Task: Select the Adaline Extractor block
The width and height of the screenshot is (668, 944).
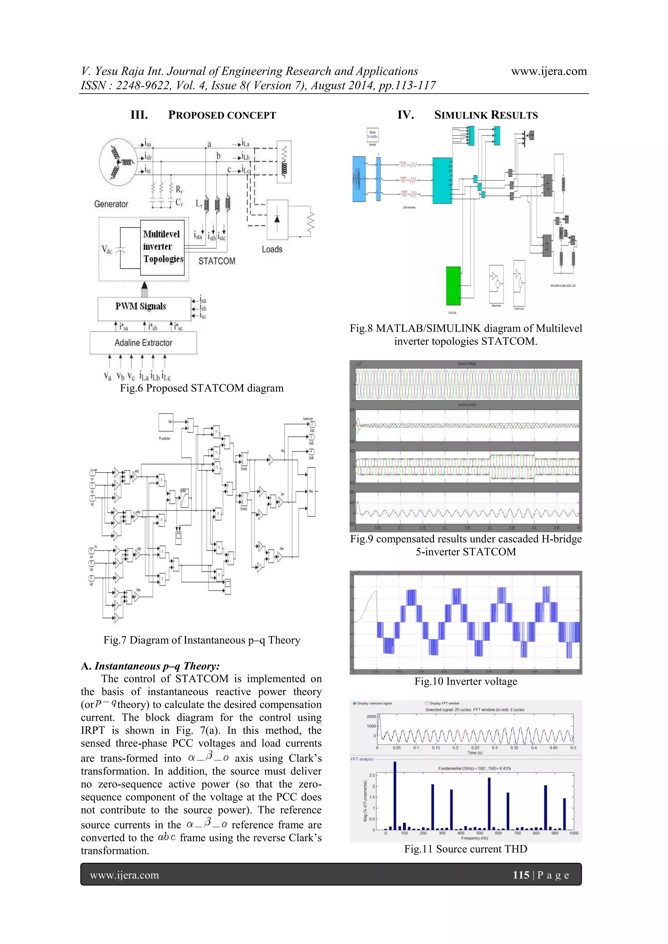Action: point(143,342)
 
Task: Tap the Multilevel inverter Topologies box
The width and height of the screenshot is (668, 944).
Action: point(162,247)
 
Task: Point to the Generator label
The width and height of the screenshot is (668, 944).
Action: point(111,204)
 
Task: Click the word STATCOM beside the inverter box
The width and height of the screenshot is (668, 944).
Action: point(217,261)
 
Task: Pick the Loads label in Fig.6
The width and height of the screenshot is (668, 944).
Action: point(272,249)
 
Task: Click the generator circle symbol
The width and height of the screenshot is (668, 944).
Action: point(118,161)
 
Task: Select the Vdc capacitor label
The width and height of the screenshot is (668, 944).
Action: point(107,249)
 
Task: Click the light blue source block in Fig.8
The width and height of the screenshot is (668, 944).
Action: point(359,179)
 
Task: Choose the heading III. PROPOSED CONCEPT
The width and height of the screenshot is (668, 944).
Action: point(203,115)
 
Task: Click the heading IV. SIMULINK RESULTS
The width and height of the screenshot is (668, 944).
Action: point(467,115)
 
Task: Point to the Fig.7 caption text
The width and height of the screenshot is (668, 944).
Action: point(202,640)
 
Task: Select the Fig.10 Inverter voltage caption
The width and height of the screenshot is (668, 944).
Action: point(466,681)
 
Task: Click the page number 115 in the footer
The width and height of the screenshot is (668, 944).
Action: point(521,875)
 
